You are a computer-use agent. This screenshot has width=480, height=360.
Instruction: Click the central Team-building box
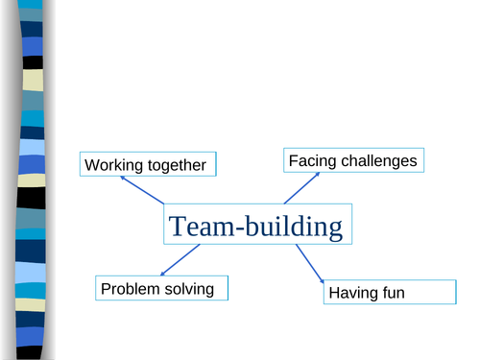pyautogui.click(x=255, y=227)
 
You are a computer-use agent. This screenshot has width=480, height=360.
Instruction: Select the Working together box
pyautogui.click(x=147, y=165)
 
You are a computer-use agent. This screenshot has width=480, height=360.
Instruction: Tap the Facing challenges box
pyautogui.click(x=354, y=160)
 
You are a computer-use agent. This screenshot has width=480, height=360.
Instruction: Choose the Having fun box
pyautogui.click(x=389, y=292)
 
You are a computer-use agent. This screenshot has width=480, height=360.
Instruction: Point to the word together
pyautogui.click(x=175, y=166)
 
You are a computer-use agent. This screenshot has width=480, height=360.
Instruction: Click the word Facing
pyautogui.click(x=311, y=160)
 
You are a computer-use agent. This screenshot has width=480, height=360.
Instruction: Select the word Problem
pyautogui.click(x=130, y=288)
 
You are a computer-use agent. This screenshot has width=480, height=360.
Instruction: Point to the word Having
pyautogui.click(x=352, y=293)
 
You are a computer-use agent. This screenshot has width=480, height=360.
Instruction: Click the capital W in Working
pyautogui.click(x=92, y=166)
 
